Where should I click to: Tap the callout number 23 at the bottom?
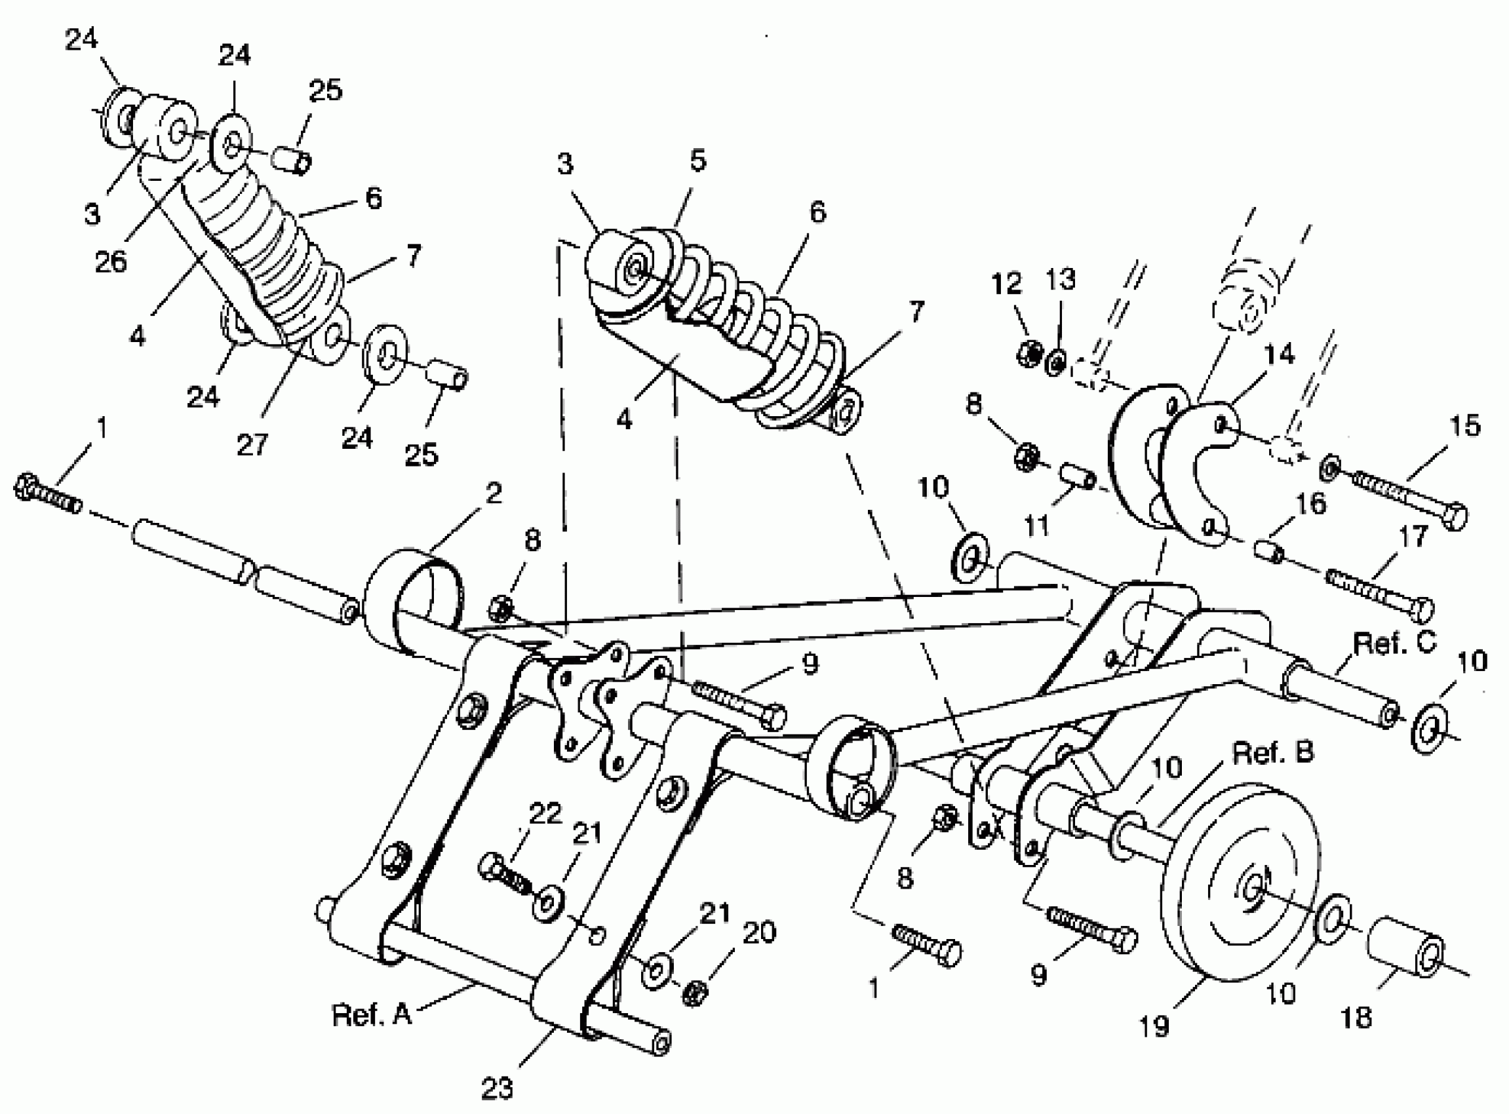[x=497, y=1088]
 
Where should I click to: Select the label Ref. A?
[x=372, y=1014]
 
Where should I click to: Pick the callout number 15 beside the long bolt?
[x=1464, y=426]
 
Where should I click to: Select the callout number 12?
[x=1006, y=284]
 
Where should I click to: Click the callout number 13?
[x=1061, y=280]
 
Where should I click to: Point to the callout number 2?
[x=494, y=493]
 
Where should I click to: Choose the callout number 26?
[x=111, y=261]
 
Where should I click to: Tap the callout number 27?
[x=252, y=444]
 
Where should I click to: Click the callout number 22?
[x=545, y=814]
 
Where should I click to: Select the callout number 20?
[x=759, y=932]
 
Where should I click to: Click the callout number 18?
[x=1356, y=1018]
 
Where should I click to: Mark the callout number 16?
[x=1310, y=504]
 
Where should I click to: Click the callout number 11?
[x=1037, y=526]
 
